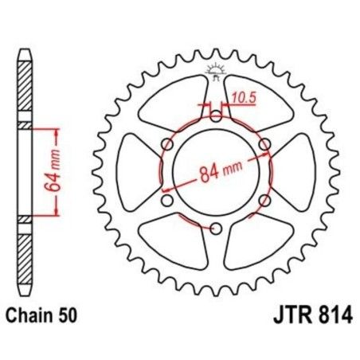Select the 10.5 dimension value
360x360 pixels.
(241, 100)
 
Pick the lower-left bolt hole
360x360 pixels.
(167, 201)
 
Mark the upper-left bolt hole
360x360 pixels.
(167, 144)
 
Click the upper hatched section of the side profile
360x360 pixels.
(24, 88)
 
